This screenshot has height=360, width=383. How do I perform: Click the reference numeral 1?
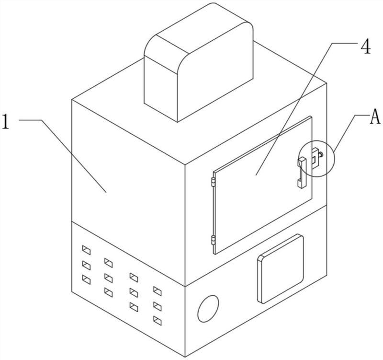click(6, 122)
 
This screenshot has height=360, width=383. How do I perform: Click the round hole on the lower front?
click(208, 309)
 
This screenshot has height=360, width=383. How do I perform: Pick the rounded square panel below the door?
click(281, 268)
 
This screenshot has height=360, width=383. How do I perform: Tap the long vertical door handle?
click(302, 173)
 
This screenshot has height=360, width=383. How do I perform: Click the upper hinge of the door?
click(213, 182)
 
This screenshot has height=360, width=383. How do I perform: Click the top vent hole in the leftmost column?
click(86, 250)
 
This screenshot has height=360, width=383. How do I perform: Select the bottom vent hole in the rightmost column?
click(157, 319)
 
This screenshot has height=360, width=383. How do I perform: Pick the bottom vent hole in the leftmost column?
click(86, 279)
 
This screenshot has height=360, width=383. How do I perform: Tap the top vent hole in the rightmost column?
click(157, 290)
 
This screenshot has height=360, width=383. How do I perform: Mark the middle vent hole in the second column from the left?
click(109, 277)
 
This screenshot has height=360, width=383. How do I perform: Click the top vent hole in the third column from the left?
click(134, 277)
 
